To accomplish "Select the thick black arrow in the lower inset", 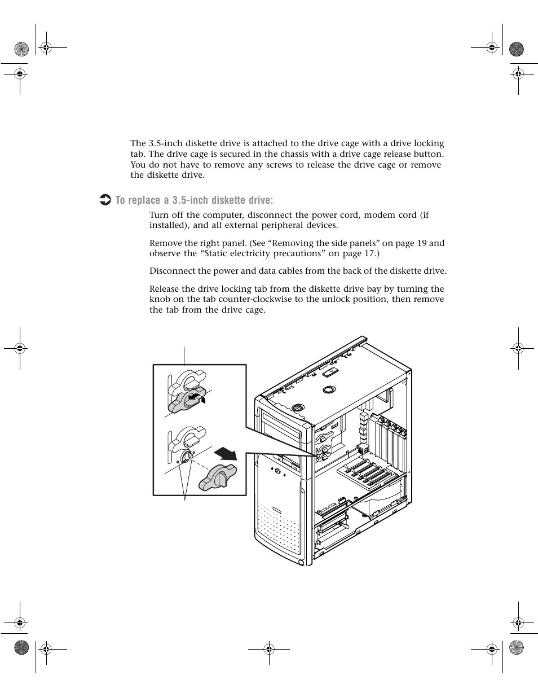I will (225, 453).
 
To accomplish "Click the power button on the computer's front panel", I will (277, 471).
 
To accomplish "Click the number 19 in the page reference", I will (422, 243).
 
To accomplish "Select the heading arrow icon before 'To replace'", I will (105, 200).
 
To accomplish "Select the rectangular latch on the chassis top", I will (332, 372).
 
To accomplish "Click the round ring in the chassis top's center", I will (329, 389).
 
